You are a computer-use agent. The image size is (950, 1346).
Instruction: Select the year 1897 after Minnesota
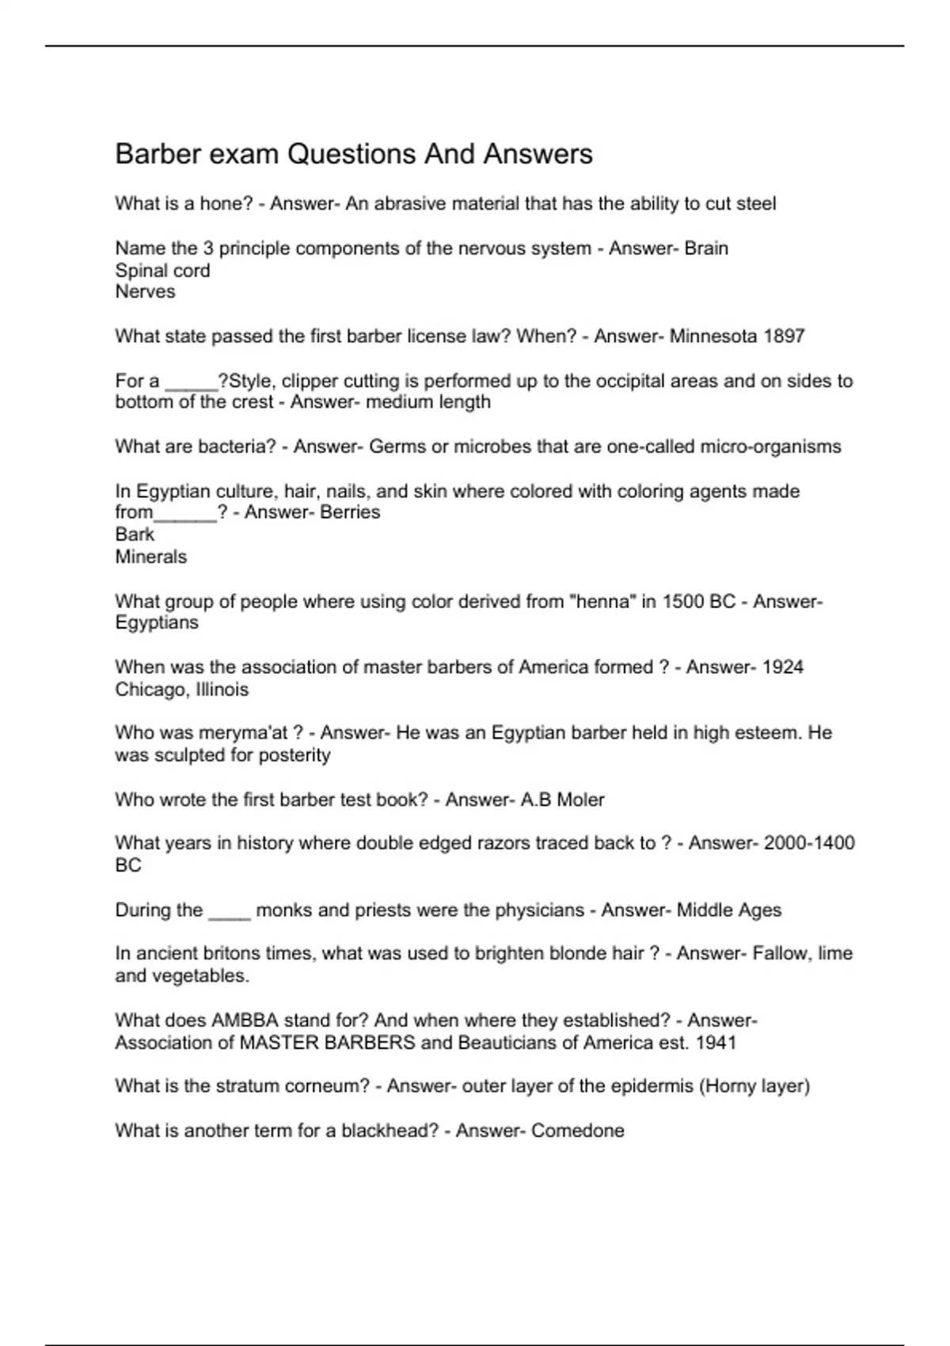pos(784,336)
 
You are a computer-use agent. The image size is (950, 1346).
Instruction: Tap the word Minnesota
pos(713,336)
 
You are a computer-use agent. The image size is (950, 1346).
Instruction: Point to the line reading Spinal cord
pos(162,270)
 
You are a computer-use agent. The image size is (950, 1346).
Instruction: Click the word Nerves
pos(145,291)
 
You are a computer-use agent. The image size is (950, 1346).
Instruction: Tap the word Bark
pos(135,534)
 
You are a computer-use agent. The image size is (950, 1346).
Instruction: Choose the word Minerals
pos(151,557)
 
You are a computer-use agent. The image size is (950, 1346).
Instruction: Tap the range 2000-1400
pos(808,843)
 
